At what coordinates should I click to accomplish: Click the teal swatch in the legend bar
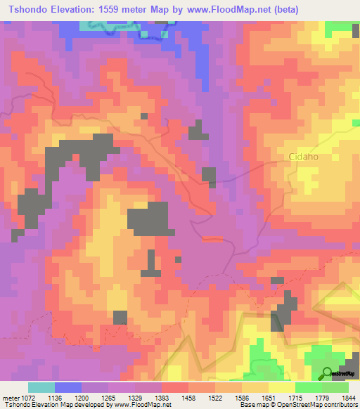pyautogui.click(x=41, y=387)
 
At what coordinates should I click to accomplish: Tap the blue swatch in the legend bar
pyautogui.click(x=67, y=387)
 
